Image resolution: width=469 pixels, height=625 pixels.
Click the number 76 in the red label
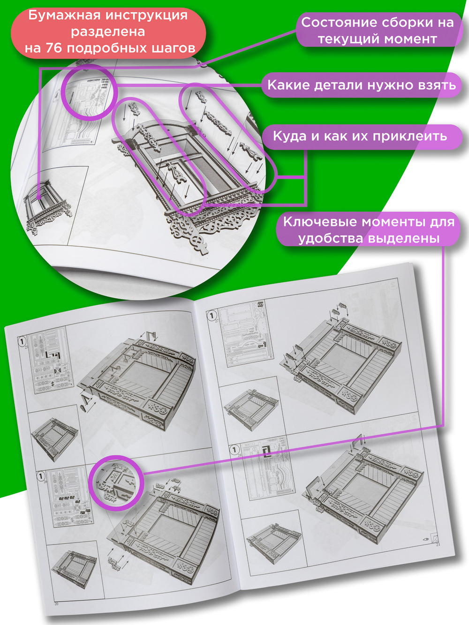tap(54, 48)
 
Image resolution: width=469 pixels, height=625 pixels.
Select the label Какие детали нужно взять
tap(362, 85)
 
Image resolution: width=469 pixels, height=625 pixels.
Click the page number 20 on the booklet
tap(56, 602)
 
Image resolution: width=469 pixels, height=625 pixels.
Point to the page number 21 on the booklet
tap(438, 544)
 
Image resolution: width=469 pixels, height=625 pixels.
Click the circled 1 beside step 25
tap(22, 341)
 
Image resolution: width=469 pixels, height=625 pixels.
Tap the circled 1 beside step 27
tap(212, 316)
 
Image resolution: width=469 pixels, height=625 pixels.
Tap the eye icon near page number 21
tap(426, 539)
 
